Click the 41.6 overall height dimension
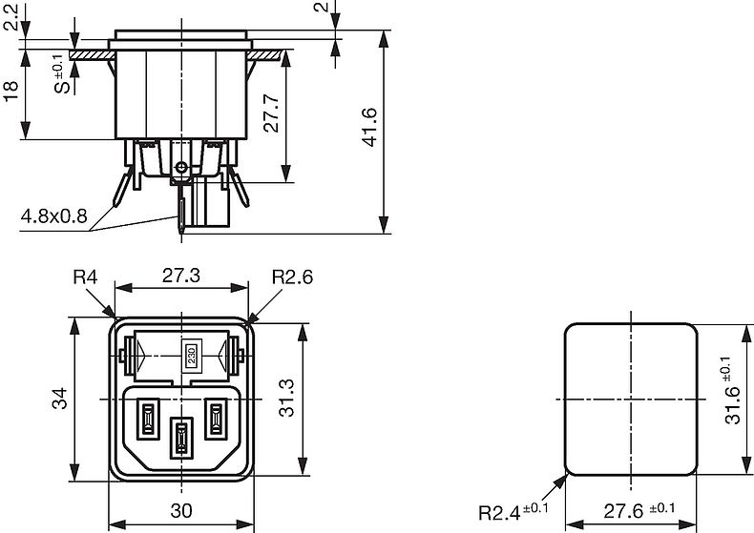point(369,127)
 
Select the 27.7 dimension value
point(272,113)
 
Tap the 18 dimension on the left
point(10,92)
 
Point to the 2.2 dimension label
point(10,16)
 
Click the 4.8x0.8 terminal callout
point(53,216)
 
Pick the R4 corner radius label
point(85,277)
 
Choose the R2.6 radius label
point(292,277)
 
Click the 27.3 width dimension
point(180,276)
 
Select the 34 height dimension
point(59,399)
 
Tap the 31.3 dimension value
point(286,398)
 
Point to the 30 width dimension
point(181,511)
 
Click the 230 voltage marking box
point(192,356)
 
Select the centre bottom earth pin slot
point(180,437)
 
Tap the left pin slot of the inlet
point(148,420)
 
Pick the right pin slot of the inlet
point(216,420)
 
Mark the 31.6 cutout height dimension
point(733,390)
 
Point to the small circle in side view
point(181,168)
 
